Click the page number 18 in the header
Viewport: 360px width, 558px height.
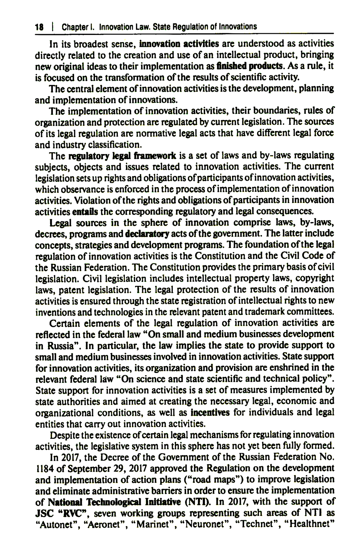coord(39,27)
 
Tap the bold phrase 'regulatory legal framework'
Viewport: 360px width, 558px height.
coord(122,156)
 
